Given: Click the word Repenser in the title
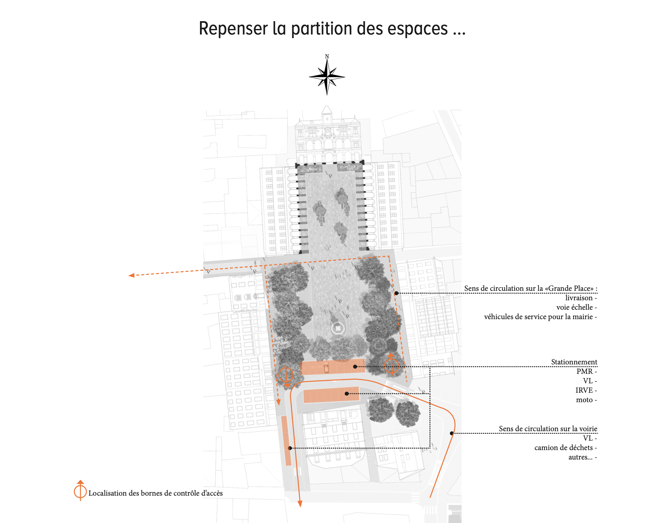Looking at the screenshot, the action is click(234, 29).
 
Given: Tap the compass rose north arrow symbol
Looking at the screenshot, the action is click(327, 77).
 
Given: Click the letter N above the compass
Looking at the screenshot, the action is click(327, 56).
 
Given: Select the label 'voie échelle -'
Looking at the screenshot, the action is click(577, 307).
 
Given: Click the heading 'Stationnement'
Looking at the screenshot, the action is click(574, 362).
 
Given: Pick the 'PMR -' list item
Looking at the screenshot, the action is click(587, 371).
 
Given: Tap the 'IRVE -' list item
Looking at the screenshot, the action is click(586, 390).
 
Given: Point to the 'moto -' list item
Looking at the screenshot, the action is click(586, 400).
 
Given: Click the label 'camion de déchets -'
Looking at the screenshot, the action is click(565, 447).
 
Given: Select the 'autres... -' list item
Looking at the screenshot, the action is click(583, 457).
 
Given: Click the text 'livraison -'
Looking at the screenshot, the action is click(581, 298).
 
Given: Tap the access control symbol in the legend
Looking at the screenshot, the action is click(80, 490).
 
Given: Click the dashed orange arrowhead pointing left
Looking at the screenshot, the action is click(131, 276).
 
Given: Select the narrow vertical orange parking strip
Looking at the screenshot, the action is click(286, 441).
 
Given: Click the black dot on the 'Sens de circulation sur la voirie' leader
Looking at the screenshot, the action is click(452, 433).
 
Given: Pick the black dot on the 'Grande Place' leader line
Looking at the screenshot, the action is click(396, 293).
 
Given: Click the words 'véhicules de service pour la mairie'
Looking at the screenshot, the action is click(538, 317).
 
